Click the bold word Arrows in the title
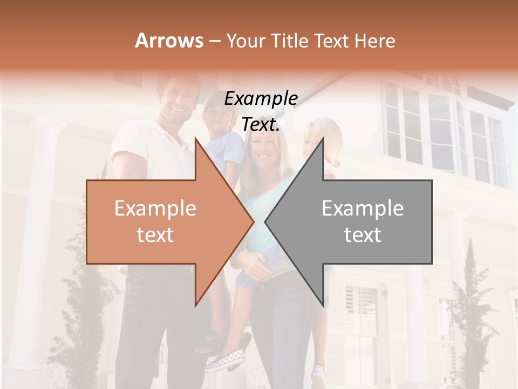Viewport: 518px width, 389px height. point(169,41)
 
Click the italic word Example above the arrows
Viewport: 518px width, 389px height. point(261,99)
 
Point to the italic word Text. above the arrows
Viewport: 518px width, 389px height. point(261,125)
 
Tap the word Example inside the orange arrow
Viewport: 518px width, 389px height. point(155,209)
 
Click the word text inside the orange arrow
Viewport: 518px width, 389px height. point(155,235)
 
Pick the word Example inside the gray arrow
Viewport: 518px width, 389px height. point(363,209)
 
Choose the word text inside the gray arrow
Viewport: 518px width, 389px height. point(363,235)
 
